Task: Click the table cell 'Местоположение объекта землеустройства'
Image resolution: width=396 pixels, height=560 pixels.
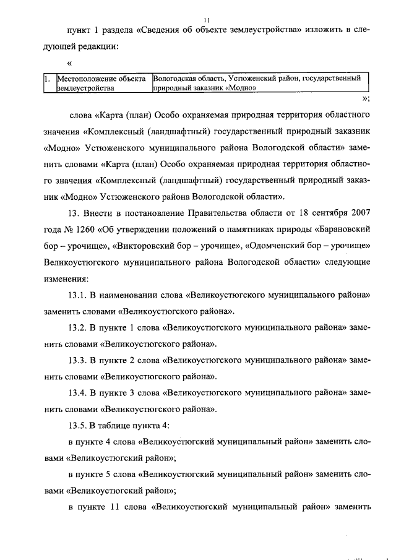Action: (102, 84)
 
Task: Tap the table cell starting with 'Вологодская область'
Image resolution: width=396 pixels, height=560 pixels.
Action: (256, 84)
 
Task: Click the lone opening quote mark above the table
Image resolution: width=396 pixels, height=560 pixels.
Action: (70, 63)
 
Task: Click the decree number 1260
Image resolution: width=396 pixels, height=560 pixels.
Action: (92, 230)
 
